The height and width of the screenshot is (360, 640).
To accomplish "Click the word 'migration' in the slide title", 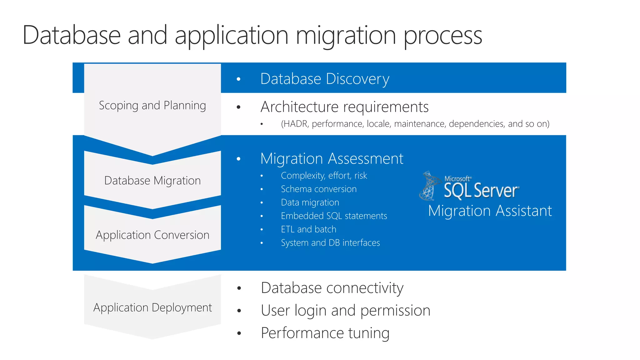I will pos(346,35).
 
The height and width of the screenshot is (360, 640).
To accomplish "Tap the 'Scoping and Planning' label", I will pos(152,106).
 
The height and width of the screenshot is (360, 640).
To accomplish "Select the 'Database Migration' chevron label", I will pos(152,181).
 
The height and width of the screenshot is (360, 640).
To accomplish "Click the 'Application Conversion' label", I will pos(152,235).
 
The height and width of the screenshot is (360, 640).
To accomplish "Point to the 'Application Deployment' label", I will pos(152,307).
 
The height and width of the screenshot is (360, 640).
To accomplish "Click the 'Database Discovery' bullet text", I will pos(325,79).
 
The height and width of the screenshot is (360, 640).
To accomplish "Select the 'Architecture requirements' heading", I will pos(344,107).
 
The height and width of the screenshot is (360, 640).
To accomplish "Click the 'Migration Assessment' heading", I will pos(332,159).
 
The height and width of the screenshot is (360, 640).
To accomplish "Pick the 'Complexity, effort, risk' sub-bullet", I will pos(324,176).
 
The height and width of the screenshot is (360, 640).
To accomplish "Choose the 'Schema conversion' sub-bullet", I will pos(318,189).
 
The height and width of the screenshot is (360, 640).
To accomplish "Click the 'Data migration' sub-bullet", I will pos(310,202).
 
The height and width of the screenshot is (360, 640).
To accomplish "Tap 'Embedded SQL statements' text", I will pos(334,216).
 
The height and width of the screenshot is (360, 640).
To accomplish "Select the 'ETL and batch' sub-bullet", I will pos(308,229).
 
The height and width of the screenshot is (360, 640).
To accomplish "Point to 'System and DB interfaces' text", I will pos(330,243).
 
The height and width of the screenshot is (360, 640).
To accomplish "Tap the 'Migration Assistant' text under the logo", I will pos(490,211).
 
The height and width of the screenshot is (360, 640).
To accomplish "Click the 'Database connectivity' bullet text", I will pos(332,288).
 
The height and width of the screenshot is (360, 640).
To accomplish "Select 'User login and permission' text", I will pos(345,310).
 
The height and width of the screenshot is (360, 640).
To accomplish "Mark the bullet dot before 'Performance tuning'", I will pos(239,333).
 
